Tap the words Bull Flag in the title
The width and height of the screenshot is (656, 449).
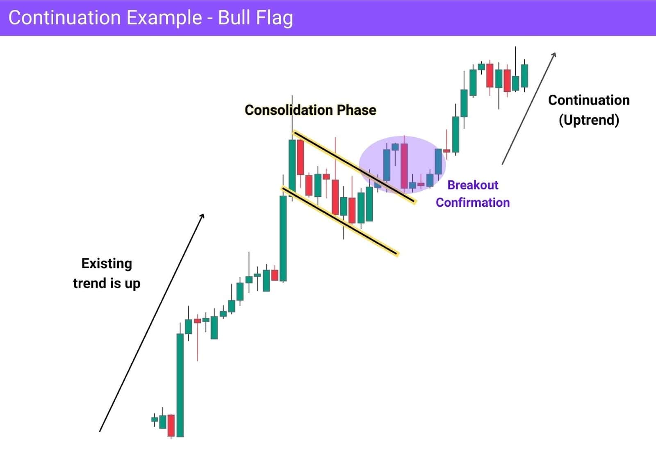(x=255, y=18)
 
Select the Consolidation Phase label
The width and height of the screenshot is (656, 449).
(x=310, y=110)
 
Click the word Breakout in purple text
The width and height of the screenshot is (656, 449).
(x=473, y=185)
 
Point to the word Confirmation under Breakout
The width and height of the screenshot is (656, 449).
(x=473, y=202)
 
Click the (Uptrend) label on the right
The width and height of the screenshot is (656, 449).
(x=589, y=120)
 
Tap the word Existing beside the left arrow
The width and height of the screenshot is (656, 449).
(x=107, y=263)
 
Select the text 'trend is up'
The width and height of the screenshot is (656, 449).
(x=107, y=283)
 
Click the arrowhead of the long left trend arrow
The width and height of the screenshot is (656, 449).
(x=203, y=216)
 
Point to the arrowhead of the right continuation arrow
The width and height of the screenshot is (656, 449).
(x=554, y=54)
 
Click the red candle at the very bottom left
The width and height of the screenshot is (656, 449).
(x=171, y=425)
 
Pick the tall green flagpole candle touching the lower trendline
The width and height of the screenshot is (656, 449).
(x=283, y=238)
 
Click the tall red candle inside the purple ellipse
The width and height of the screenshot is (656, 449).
(x=404, y=166)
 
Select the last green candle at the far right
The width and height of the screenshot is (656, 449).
(x=524, y=75)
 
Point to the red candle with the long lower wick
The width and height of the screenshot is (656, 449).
(x=197, y=321)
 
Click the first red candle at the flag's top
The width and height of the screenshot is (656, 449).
(x=301, y=157)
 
